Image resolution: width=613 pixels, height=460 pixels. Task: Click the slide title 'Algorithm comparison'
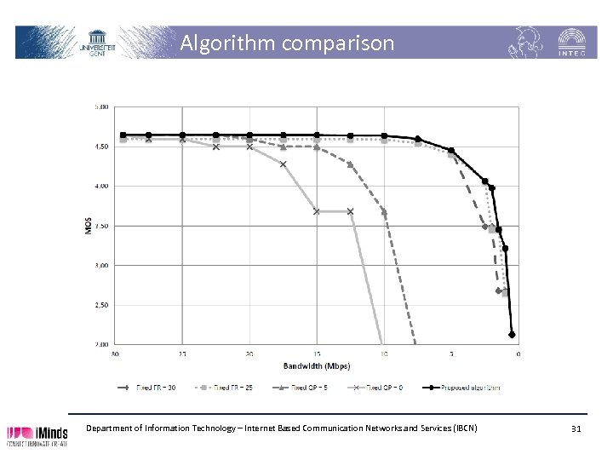point(287,43)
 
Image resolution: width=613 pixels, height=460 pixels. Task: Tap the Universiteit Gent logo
point(103,42)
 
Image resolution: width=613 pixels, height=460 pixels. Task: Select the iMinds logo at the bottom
point(38,434)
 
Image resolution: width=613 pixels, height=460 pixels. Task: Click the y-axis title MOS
point(89,226)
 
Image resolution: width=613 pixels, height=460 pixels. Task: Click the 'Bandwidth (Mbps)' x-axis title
point(317,365)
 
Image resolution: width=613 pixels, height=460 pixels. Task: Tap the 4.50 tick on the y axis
point(101,147)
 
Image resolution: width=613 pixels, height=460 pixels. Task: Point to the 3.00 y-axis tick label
point(101,266)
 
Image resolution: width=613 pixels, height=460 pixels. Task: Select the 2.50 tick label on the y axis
point(101,305)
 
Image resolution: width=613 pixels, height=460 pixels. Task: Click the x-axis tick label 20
point(249,354)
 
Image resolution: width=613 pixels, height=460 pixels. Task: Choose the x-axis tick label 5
point(451,354)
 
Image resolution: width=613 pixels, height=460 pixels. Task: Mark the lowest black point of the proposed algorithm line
point(513,335)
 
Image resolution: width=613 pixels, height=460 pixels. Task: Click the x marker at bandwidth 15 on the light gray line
point(317,211)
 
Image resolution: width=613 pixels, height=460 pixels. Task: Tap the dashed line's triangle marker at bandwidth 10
point(384,211)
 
